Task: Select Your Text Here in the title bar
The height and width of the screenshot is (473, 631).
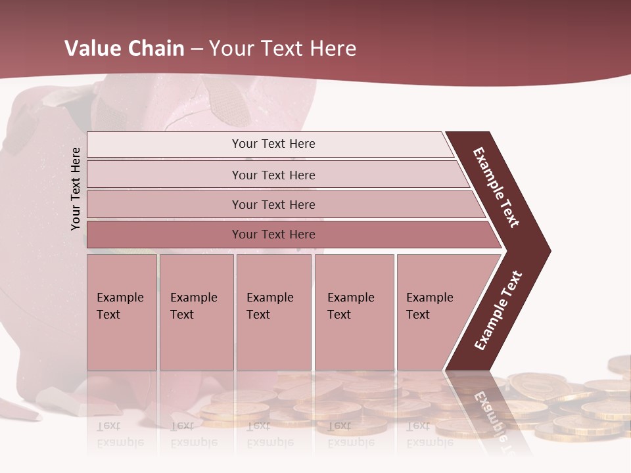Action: tap(283, 49)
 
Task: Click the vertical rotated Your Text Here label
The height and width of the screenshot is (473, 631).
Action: tap(76, 189)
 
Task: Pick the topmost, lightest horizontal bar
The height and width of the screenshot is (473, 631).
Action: tap(269, 144)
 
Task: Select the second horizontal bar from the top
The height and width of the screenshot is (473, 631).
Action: tap(273, 175)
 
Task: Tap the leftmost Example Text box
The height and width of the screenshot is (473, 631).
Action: tap(122, 312)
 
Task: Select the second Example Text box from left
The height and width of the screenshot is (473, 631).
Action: tap(196, 312)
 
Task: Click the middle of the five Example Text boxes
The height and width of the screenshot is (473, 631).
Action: tap(273, 312)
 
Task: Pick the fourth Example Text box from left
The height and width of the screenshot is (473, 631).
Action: tap(354, 312)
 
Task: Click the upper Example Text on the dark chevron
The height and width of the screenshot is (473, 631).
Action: tap(496, 187)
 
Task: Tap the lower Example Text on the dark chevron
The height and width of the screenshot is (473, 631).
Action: tap(498, 311)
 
